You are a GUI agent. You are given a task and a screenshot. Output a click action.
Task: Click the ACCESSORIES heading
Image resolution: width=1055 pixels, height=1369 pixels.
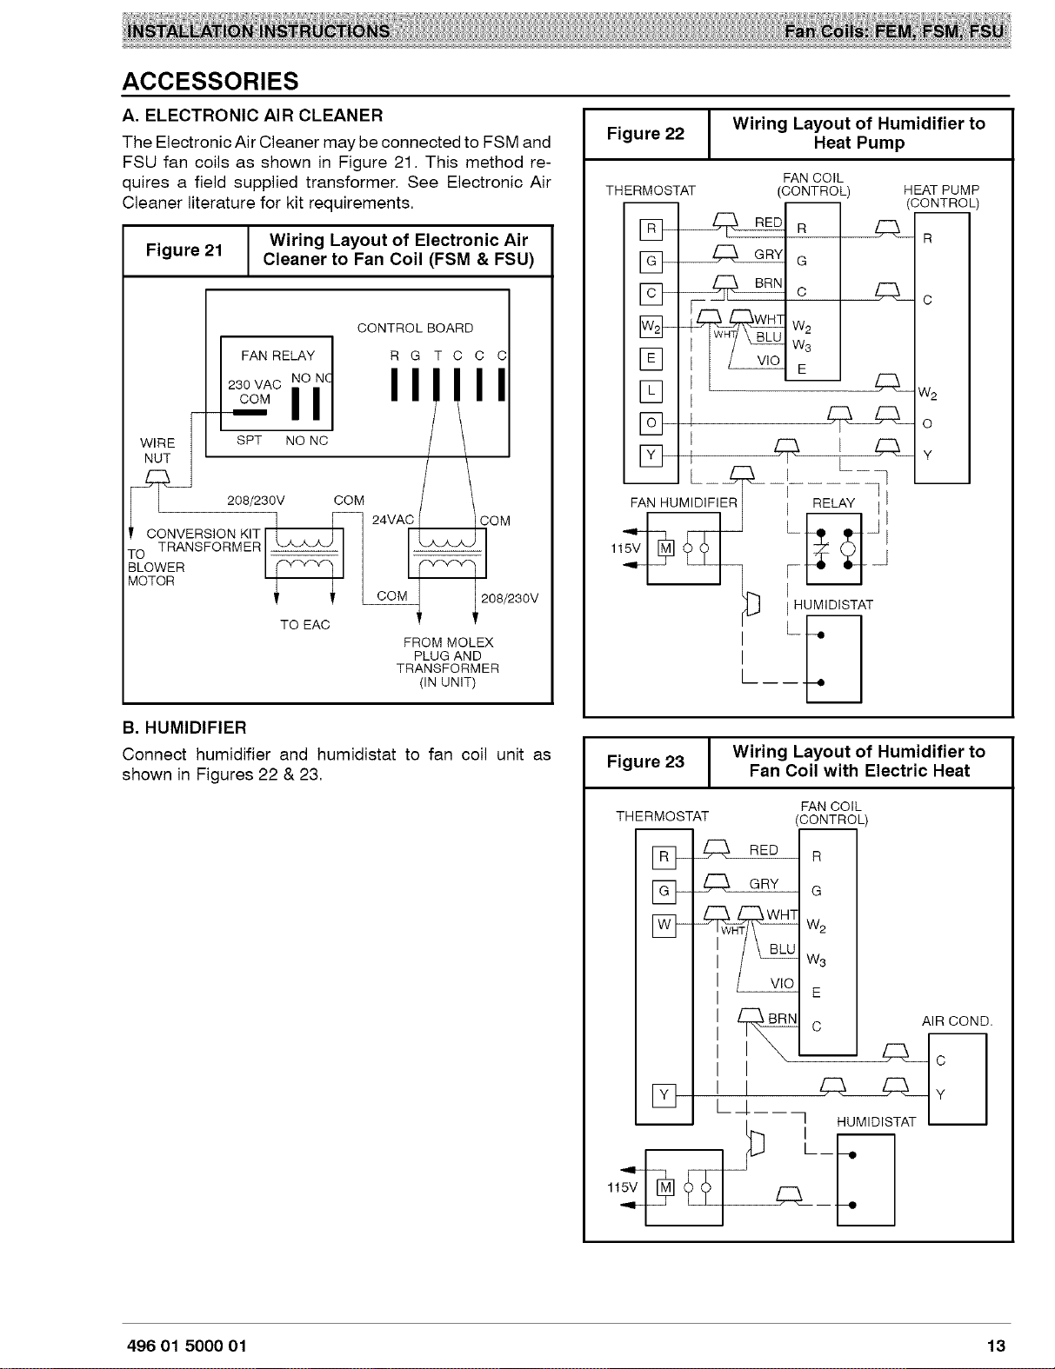coord(210,81)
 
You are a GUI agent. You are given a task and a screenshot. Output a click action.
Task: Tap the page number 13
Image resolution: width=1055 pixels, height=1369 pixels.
coord(996,1346)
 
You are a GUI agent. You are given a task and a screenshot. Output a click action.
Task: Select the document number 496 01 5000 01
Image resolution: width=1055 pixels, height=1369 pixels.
coord(186,1346)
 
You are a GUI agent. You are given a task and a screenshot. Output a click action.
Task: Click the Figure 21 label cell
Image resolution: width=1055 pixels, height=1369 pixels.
coord(185,250)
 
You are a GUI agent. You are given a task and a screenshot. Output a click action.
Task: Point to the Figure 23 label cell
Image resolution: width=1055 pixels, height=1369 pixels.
coord(646,761)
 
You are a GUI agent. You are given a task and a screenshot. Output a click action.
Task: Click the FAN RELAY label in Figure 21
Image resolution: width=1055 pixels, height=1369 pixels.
coord(278,356)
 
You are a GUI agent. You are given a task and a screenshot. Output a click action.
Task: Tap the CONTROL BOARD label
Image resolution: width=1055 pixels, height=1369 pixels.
coord(416,329)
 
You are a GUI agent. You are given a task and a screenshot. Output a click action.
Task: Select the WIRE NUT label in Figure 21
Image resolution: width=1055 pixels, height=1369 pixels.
coord(157,450)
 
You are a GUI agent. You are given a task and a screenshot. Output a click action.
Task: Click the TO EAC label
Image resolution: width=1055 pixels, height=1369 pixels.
coord(305,625)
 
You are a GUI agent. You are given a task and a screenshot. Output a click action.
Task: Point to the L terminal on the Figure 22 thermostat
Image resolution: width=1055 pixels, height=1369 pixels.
coord(651,391)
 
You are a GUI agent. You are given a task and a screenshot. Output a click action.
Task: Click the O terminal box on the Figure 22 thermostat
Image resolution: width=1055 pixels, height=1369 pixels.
coord(651,422)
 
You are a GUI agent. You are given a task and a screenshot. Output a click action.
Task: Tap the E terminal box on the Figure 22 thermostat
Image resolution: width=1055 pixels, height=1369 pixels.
coord(651,359)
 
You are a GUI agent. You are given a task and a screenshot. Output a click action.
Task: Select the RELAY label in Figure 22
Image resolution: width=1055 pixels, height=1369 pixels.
coord(833,503)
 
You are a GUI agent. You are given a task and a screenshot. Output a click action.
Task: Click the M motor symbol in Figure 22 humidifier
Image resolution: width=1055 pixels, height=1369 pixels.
coord(665,548)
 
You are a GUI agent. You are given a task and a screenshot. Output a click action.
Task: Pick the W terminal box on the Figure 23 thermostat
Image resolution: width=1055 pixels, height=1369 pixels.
coord(664,926)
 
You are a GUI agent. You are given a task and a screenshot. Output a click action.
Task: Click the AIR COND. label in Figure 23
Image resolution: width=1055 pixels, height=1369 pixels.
coord(957,1021)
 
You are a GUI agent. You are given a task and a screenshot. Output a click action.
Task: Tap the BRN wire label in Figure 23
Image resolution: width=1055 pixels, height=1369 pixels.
coord(783,1019)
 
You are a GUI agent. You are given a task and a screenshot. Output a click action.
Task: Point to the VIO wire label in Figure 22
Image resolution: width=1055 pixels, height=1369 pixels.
coord(768,361)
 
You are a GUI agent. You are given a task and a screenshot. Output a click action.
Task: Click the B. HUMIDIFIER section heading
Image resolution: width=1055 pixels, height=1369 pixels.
coord(184,728)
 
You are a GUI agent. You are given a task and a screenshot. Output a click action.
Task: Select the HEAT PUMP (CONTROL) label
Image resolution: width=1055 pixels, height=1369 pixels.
coord(942,196)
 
